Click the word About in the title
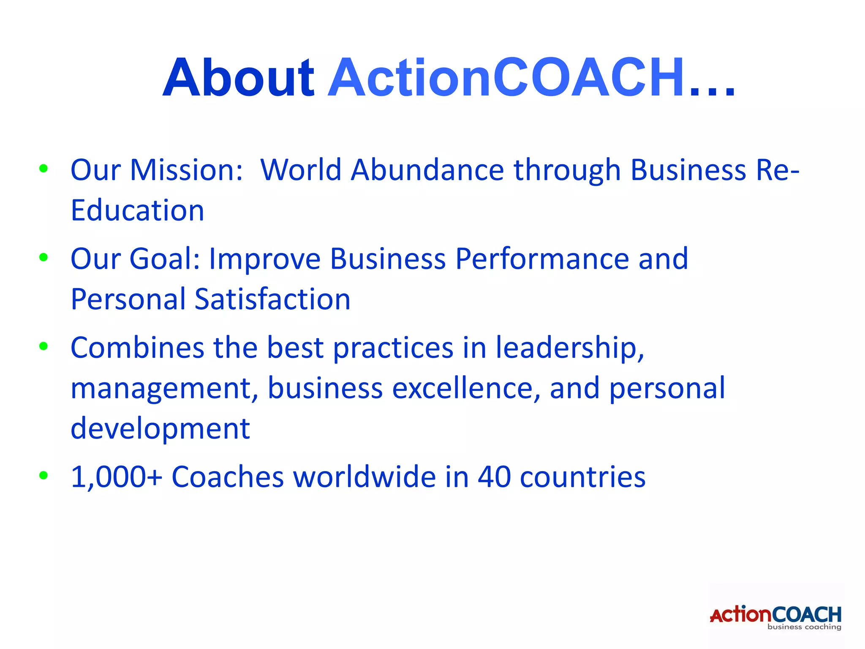coord(238,78)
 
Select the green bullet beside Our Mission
coord(43,169)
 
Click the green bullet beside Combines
coord(43,346)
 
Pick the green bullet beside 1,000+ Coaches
coord(43,475)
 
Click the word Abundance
coord(427,170)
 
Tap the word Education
coord(137,210)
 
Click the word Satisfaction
coord(272,299)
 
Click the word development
coord(160,428)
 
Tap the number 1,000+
coord(116,477)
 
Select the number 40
coord(494,477)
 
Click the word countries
coord(582,477)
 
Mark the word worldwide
coord(364,477)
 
